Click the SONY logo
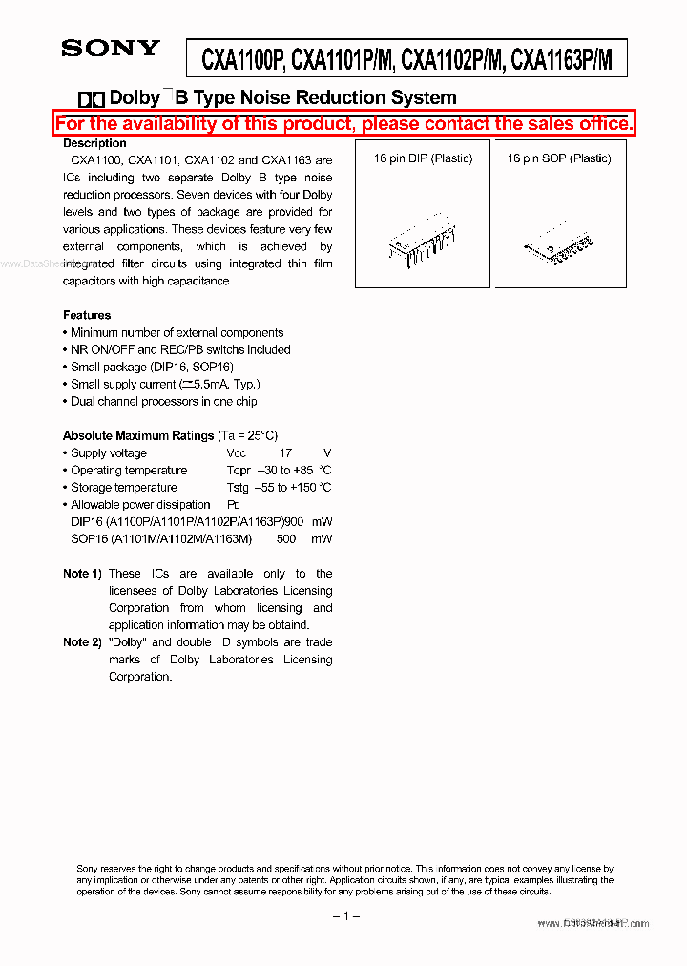point(111,49)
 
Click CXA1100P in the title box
point(242,62)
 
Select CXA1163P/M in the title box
point(561,62)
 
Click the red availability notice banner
point(343,124)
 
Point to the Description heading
point(94,143)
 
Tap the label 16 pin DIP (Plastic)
point(423,158)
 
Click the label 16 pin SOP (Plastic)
point(559,158)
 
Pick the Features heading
point(87,315)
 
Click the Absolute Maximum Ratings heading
point(138,435)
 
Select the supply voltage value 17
point(285,453)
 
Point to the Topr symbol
point(239,471)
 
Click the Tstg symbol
point(239,488)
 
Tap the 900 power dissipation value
point(295,522)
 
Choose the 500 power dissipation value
point(285,539)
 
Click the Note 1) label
point(82,574)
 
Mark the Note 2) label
point(82,642)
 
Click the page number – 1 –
point(344,917)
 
